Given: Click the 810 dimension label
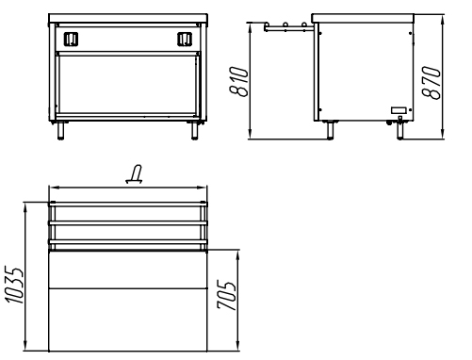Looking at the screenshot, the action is click(238, 81).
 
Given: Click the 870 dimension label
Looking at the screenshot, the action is click(431, 82).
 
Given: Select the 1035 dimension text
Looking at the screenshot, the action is click(14, 286).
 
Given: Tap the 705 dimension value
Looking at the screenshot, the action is click(226, 295).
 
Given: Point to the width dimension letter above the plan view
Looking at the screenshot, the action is click(134, 173).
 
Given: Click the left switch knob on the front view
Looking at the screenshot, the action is click(71, 40).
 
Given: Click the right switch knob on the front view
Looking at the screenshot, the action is click(185, 40).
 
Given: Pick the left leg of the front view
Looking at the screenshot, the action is click(60, 130).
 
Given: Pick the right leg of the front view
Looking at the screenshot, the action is click(195, 130).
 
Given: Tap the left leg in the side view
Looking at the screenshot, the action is click(330, 130).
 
